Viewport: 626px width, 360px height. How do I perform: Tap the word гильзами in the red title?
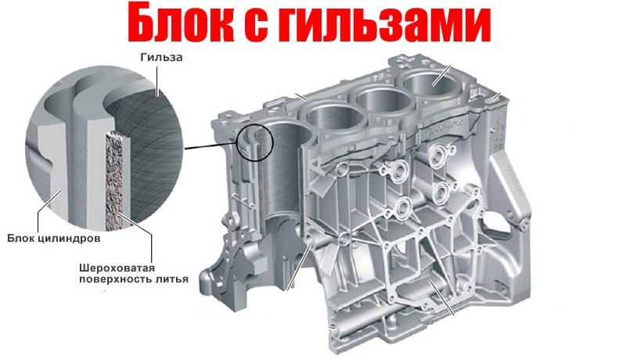(x=384, y=24)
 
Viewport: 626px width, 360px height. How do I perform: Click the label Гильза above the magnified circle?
(x=161, y=57)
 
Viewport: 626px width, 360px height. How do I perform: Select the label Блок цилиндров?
(x=54, y=239)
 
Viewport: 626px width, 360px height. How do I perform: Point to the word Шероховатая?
(x=117, y=268)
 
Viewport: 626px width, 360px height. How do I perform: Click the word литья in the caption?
(x=171, y=279)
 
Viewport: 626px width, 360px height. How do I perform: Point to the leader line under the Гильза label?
(x=157, y=81)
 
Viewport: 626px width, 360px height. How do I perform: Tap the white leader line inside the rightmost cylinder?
(x=441, y=75)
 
